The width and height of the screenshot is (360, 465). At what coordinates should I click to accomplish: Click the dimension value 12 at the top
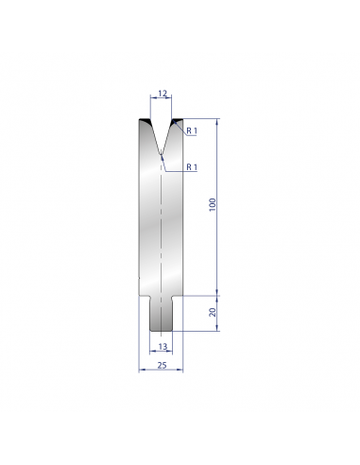[x=163, y=94]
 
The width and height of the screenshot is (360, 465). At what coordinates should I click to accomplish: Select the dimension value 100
[x=213, y=204]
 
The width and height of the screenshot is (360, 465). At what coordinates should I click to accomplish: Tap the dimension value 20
[x=213, y=312]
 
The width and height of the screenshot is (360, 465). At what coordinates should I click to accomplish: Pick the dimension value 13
[x=163, y=347]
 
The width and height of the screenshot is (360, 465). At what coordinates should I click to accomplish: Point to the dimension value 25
[x=162, y=365]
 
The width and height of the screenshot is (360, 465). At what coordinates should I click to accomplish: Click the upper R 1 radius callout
[x=192, y=130]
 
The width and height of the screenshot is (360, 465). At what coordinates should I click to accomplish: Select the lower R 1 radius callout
[x=192, y=167]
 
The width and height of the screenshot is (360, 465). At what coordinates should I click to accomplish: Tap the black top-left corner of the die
[x=145, y=121]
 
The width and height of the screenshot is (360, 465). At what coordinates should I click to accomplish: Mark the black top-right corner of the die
[x=178, y=121]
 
